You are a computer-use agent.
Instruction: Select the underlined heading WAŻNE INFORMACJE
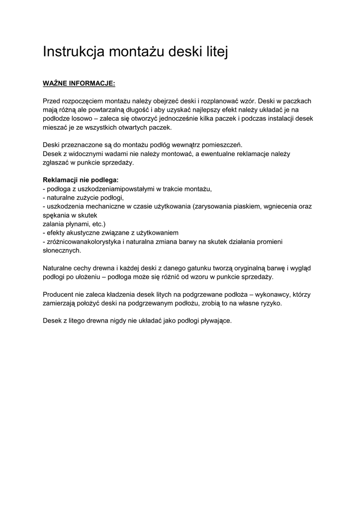79,83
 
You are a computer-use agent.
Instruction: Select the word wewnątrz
182,145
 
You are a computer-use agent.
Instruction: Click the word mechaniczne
106,206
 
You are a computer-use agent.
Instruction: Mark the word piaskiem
248,206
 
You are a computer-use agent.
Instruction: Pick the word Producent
60,294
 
